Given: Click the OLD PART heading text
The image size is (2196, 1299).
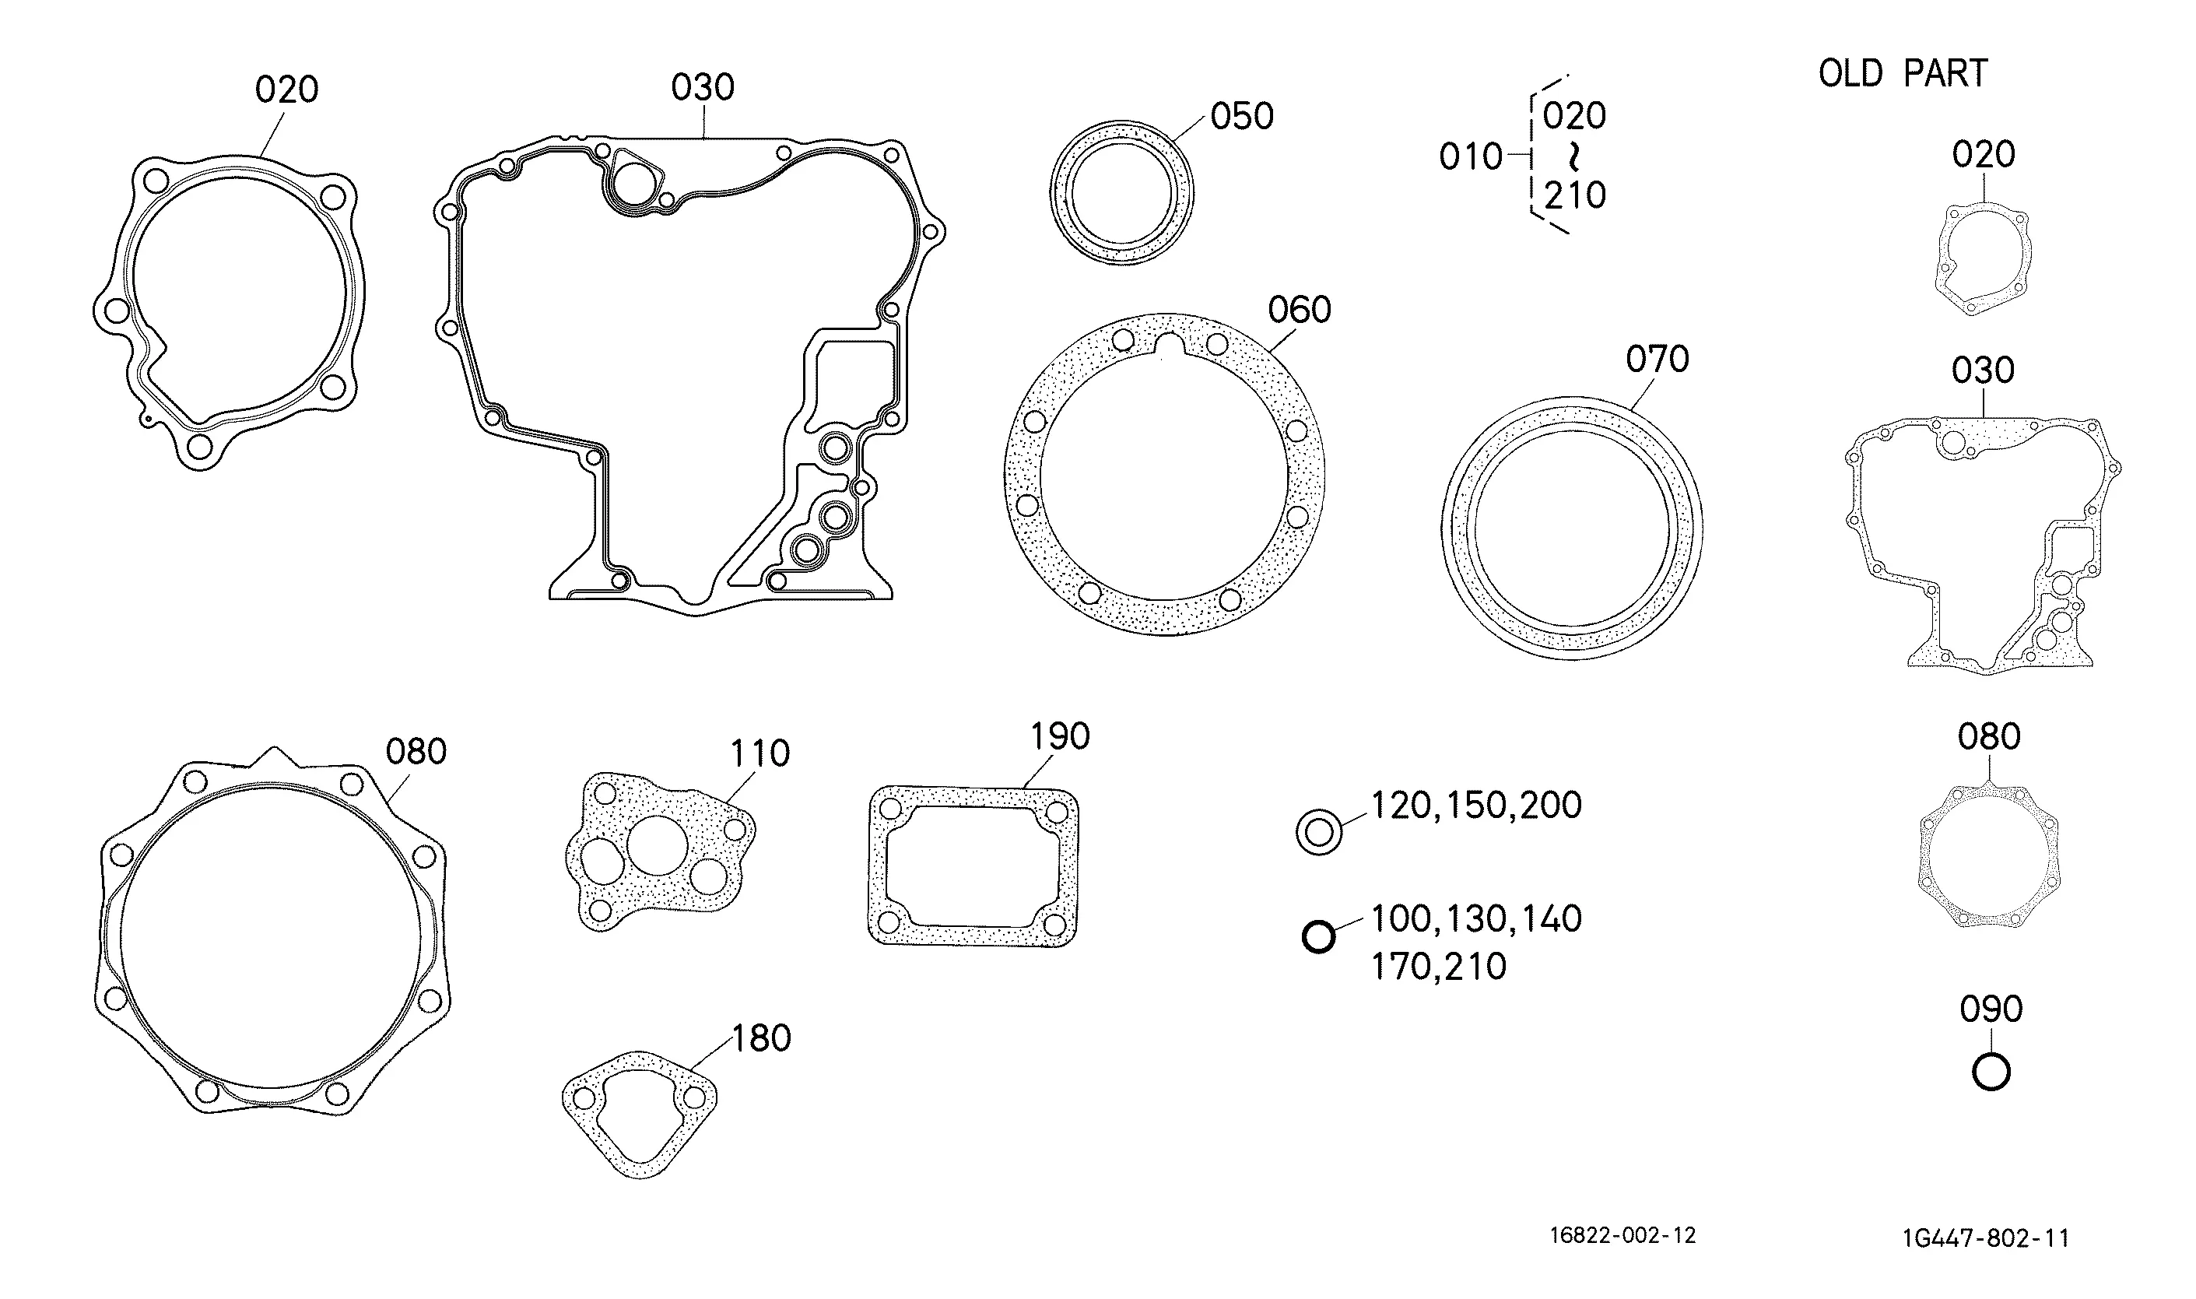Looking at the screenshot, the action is (x=1903, y=73).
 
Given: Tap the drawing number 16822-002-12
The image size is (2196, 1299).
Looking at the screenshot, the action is (x=1623, y=1235).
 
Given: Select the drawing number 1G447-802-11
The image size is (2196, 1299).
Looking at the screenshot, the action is (x=1985, y=1238).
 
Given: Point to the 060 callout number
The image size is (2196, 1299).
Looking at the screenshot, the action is (x=1300, y=310).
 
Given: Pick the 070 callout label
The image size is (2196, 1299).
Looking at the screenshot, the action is (x=1657, y=359).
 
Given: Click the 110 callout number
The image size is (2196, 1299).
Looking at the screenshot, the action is (x=760, y=753).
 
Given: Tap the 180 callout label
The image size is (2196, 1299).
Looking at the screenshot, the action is (x=761, y=1038).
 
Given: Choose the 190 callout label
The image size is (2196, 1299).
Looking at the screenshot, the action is (x=1060, y=737).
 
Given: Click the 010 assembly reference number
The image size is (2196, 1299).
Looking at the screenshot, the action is (x=1471, y=157).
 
